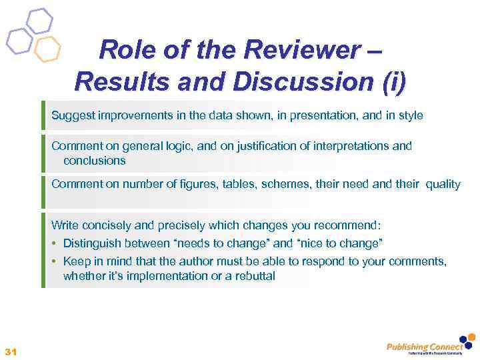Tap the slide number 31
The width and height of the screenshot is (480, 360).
pos(10,351)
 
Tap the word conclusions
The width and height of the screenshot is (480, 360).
pos(94,161)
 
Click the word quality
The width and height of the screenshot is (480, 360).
pos(440,184)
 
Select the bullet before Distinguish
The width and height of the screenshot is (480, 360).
pos(55,243)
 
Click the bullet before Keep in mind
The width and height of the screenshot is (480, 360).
pos(55,261)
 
